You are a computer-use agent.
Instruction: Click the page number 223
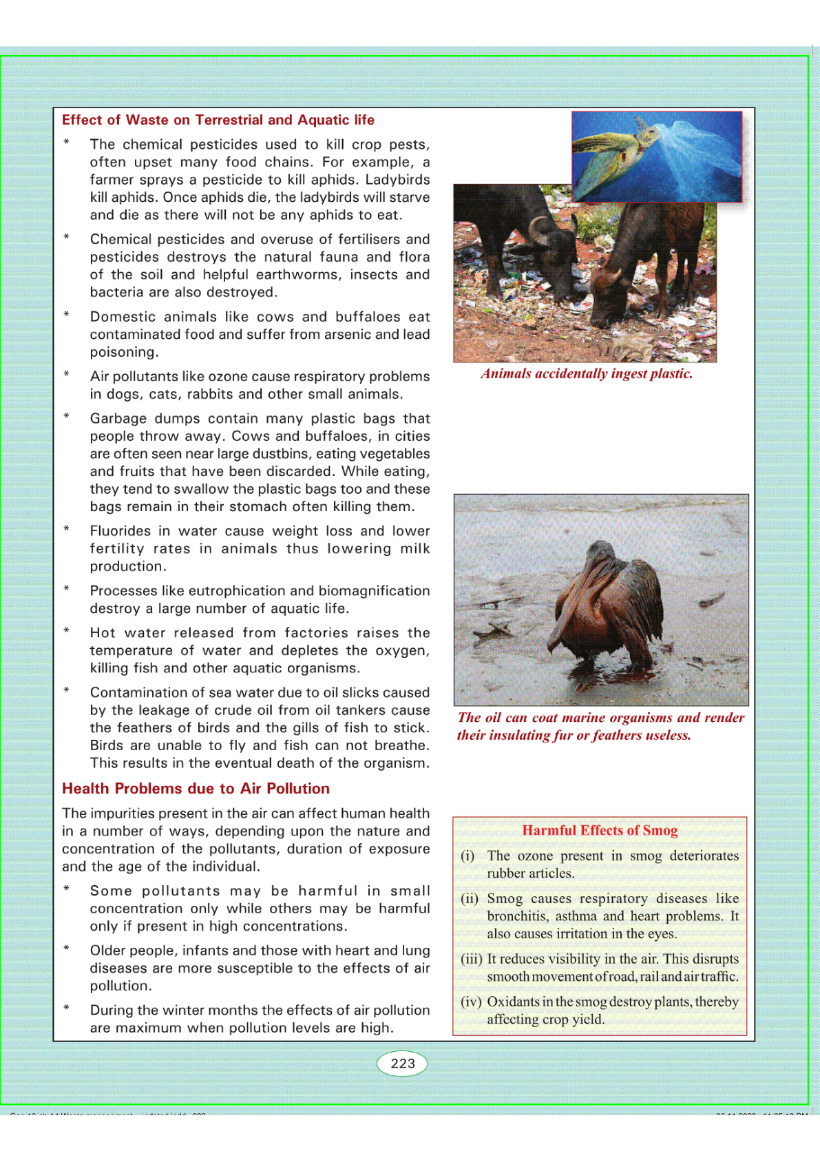(x=403, y=1063)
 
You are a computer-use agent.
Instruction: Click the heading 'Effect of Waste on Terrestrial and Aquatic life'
(x=218, y=120)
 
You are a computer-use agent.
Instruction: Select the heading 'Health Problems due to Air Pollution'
(x=196, y=788)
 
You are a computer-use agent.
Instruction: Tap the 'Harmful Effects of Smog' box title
(x=600, y=830)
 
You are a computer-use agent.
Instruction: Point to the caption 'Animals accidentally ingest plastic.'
(x=587, y=373)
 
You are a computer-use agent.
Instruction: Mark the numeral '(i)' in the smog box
(x=467, y=856)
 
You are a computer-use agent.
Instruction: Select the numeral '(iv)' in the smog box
(x=471, y=1002)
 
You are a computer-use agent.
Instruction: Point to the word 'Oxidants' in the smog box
(x=513, y=1002)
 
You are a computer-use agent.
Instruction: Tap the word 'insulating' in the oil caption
(x=521, y=735)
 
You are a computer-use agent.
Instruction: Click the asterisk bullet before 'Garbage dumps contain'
(x=67, y=417)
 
